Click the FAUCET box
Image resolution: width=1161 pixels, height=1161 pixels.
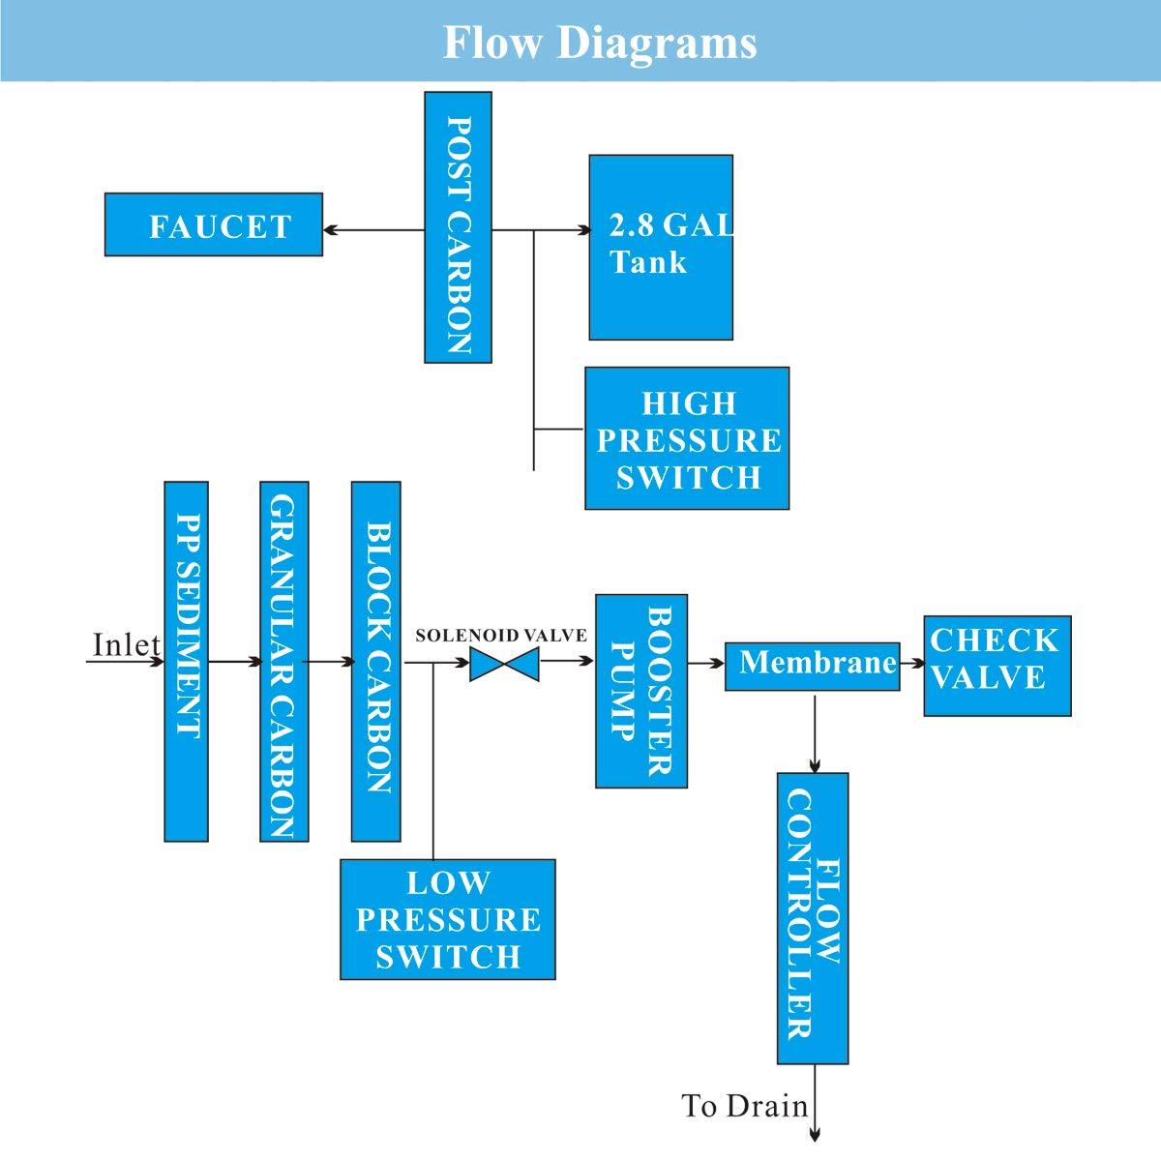coord(213,225)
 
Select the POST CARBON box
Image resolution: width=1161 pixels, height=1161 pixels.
coord(458,227)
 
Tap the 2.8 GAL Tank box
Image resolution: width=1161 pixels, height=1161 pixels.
coord(661,247)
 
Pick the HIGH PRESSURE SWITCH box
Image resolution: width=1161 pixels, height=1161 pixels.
coord(687,438)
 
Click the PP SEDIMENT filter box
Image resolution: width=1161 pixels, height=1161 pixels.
coord(186,661)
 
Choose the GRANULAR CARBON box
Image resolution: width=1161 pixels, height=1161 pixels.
coord(284,661)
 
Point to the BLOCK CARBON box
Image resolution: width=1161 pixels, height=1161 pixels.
coord(375,661)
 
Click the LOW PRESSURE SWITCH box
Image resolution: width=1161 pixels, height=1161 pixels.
coord(448,919)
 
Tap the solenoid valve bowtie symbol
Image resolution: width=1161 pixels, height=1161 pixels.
coord(504,665)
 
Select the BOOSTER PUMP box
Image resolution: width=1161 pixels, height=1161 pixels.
coord(641,691)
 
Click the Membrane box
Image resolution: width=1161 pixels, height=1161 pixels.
coord(812,665)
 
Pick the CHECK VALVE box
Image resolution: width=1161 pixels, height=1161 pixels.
coord(997,665)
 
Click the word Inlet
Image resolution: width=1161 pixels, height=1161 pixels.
coord(126,644)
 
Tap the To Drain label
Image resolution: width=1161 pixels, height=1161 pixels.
coord(744,1106)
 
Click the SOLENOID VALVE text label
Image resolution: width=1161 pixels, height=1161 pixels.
coord(500,636)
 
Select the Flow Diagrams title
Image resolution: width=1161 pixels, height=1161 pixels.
coord(600,43)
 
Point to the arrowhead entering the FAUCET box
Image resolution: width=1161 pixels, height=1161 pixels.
coord(331,230)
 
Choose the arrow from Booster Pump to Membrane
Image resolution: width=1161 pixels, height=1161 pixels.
coord(706,664)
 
